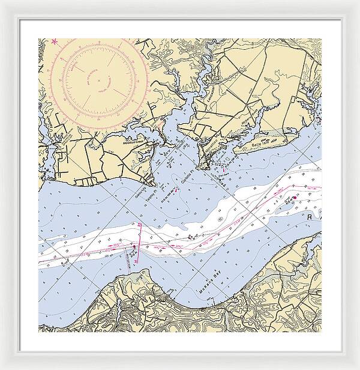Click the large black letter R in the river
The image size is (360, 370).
point(310,216)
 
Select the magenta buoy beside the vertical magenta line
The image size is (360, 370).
point(134,246)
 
